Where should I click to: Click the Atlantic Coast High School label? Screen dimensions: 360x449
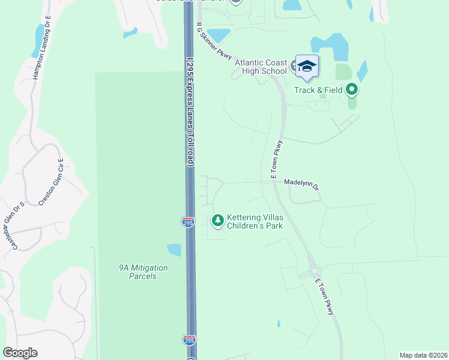point(261,67)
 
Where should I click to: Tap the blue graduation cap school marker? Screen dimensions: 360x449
point(307,66)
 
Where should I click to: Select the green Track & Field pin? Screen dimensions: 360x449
point(352,90)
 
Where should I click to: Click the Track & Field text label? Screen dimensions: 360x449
point(318,90)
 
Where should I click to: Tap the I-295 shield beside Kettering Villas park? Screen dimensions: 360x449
point(188,222)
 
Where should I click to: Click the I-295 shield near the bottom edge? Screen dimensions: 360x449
point(188,340)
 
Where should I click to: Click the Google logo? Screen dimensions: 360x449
point(20,353)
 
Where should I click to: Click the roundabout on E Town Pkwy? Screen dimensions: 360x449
point(313,271)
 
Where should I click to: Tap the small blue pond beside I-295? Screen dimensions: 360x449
point(173,250)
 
